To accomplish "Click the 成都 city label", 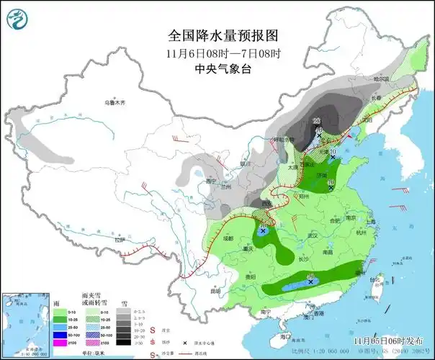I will click(x=228, y=237).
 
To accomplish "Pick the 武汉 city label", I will click(x=313, y=235).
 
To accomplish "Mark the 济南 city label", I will click(x=322, y=175).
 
